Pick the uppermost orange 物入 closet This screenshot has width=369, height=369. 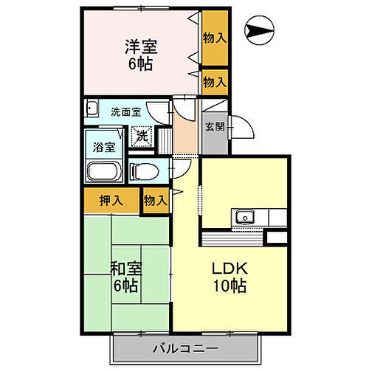215,38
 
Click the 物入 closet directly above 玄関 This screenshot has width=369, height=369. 215,82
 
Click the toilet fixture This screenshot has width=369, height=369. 145,171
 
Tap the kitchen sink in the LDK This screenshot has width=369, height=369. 244,218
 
